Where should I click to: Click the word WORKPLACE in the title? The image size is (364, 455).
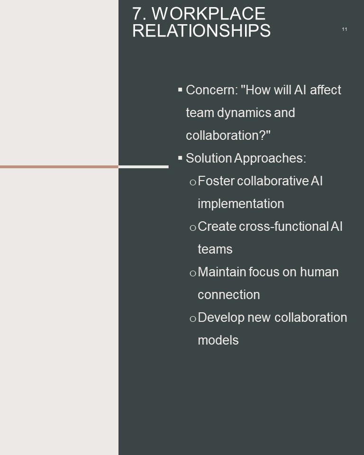[x=209, y=13]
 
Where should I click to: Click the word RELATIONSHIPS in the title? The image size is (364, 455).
[x=201, y=30]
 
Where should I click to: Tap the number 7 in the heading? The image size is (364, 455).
[x=137, y=13]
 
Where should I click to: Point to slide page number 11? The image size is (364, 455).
[x=345, y=29]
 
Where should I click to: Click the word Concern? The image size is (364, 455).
[x=212, y=90]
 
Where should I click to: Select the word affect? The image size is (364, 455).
[x=326, y=90]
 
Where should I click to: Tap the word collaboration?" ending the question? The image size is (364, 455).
[x=228, y=135]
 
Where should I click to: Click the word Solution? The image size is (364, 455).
[x=209, y=158]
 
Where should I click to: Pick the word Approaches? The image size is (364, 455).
[x=270, y=158]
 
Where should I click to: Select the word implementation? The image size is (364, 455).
[x=241, y=204]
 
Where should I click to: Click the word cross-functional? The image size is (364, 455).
[x=283, y=227]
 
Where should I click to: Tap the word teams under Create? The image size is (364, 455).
[x=215, y=249]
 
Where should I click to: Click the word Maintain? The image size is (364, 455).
[x=222, y=272]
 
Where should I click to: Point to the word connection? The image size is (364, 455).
[x=229, y=295]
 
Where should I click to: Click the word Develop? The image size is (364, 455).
[x=221, y=318]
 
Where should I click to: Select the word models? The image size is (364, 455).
[x=218, y=340]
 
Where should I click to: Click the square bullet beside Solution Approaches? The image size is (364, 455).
[x=180, y=158]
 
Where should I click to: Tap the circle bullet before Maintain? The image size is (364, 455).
[x=193, y=273]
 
